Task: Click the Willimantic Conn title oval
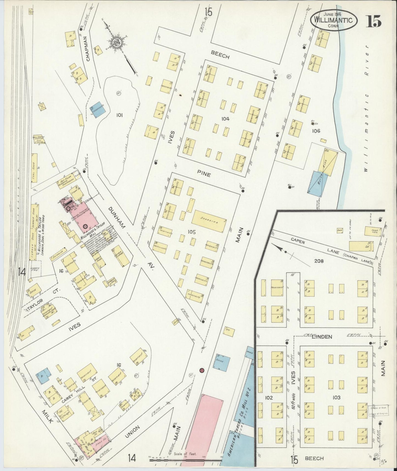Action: point(334,20)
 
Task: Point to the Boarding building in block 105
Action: point(209,221)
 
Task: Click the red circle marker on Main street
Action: point(202,370)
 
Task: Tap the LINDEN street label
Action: point(322,336)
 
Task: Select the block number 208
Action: point(319,261)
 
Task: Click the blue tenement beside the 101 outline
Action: point(98,110)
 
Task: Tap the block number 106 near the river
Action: point(316,131)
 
